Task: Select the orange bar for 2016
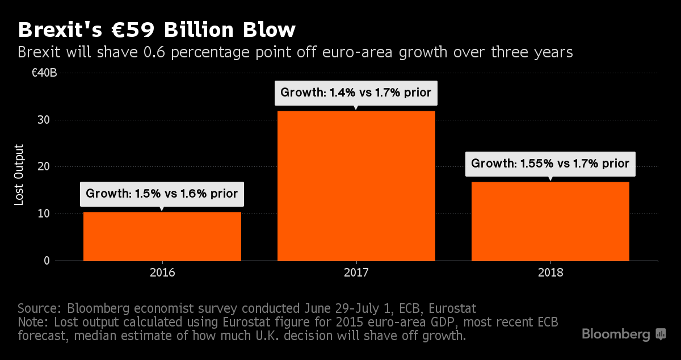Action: tap(162, 236)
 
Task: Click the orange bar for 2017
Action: tap(356, 186)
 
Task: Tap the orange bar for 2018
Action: tap(550, 221)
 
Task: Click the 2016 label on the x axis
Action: tap(162, 273)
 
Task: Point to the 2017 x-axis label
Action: tap(356, 273)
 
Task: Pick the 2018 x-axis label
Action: tap(550, 273)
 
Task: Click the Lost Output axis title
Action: tap(19, 175)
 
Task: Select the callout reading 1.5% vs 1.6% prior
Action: tap(162, 194)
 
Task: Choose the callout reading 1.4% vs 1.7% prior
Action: tap(356, 92)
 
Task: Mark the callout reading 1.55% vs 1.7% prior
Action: tap(550, 164)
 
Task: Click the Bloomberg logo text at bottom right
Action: tap(616, 334)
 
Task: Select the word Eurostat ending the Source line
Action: tap(452, 308)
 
